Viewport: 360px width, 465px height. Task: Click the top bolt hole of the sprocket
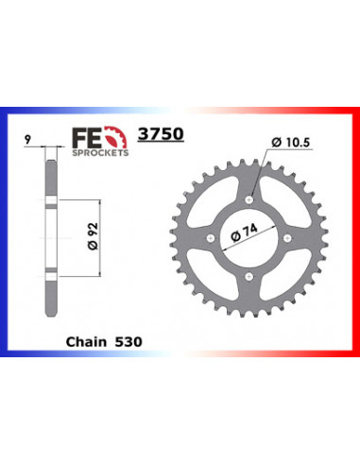tap(249, 199)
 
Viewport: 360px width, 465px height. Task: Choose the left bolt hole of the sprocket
tap(210, 239)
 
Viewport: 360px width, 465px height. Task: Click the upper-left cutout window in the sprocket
tap(221, 211)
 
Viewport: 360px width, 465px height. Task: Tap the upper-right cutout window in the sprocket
tap(278, 211)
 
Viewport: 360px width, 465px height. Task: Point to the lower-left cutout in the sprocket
tap(221, 267)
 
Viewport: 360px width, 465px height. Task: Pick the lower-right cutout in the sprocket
tap(278, 267)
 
